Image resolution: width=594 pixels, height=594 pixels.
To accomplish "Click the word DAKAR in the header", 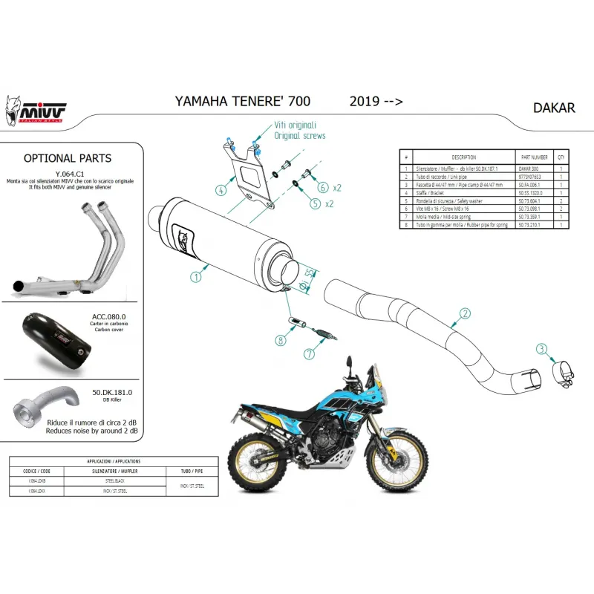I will (x=554, y=108).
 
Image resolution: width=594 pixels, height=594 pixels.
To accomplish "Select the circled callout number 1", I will (x=195, y=277).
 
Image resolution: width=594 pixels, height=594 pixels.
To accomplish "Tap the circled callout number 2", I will (x=465, y=313).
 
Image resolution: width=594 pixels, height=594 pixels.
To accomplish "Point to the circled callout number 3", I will (x=543, y=349).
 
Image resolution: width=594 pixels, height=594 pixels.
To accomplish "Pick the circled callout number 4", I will (x=221, y=190).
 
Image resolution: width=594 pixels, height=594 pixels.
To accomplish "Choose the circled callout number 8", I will (x=281, y=341).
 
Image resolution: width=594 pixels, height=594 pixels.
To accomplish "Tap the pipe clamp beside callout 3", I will (x=564, y=369).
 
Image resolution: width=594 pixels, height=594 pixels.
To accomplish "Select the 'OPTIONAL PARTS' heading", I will (x=68, y=158).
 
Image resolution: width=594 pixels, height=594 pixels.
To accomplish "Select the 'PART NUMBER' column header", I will (x=535, y=157).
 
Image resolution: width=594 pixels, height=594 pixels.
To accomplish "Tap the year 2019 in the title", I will (x=363, y=101).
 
